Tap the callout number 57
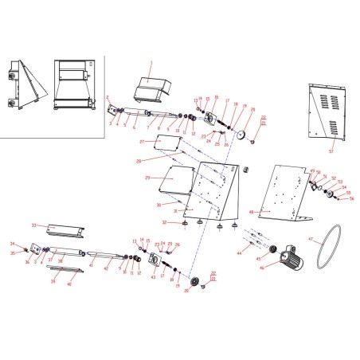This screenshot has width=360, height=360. coord(332,150)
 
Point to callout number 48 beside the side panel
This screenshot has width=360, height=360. coord(252,213)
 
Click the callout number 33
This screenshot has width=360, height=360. coord(33,225)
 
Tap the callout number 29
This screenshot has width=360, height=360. coord(147,178)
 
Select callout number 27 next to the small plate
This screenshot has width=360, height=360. coord(142,141)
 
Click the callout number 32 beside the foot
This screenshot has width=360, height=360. coord(164,222)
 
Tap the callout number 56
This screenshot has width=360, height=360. coord(351,199)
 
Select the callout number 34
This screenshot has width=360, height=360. coord(12,245)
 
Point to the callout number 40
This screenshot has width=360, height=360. coord(68,284)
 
